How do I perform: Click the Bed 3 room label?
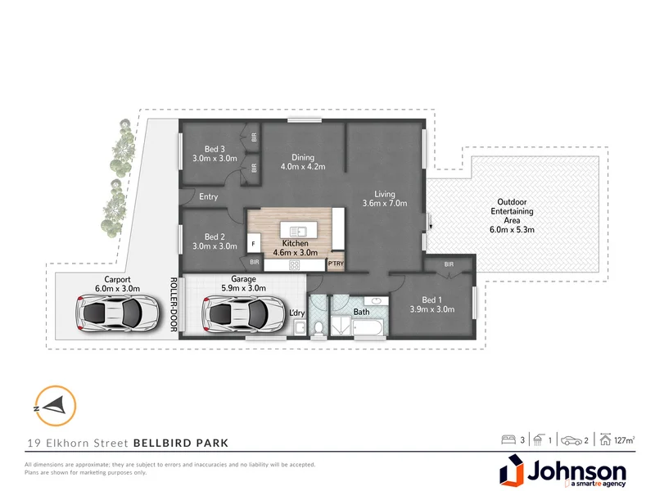click(215, 153)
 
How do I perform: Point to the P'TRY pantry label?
click(336, 264)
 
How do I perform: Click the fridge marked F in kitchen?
click(253, 244)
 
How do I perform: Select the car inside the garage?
click(237, 312)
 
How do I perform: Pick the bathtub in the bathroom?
click(368, 330)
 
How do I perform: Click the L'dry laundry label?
click(297, 312)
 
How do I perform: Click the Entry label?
click(209, 196)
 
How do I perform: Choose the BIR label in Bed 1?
click(449, 264)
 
